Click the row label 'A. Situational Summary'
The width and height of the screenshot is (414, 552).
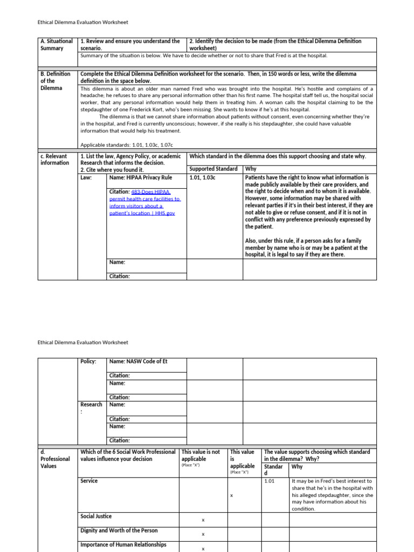57,45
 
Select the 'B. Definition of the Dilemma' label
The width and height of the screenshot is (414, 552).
55,81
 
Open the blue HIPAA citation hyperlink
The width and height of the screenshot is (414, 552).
145,202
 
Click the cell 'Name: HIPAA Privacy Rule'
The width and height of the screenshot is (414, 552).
140,177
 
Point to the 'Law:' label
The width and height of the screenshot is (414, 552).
86,177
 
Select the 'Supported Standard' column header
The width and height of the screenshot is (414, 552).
213,169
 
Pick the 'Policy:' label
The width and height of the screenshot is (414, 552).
88,361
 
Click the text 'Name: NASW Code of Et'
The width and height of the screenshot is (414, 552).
138,361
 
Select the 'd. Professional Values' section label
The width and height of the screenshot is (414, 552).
55,459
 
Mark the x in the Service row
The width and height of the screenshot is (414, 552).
231,494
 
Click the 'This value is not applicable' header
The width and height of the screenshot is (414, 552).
201,456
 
